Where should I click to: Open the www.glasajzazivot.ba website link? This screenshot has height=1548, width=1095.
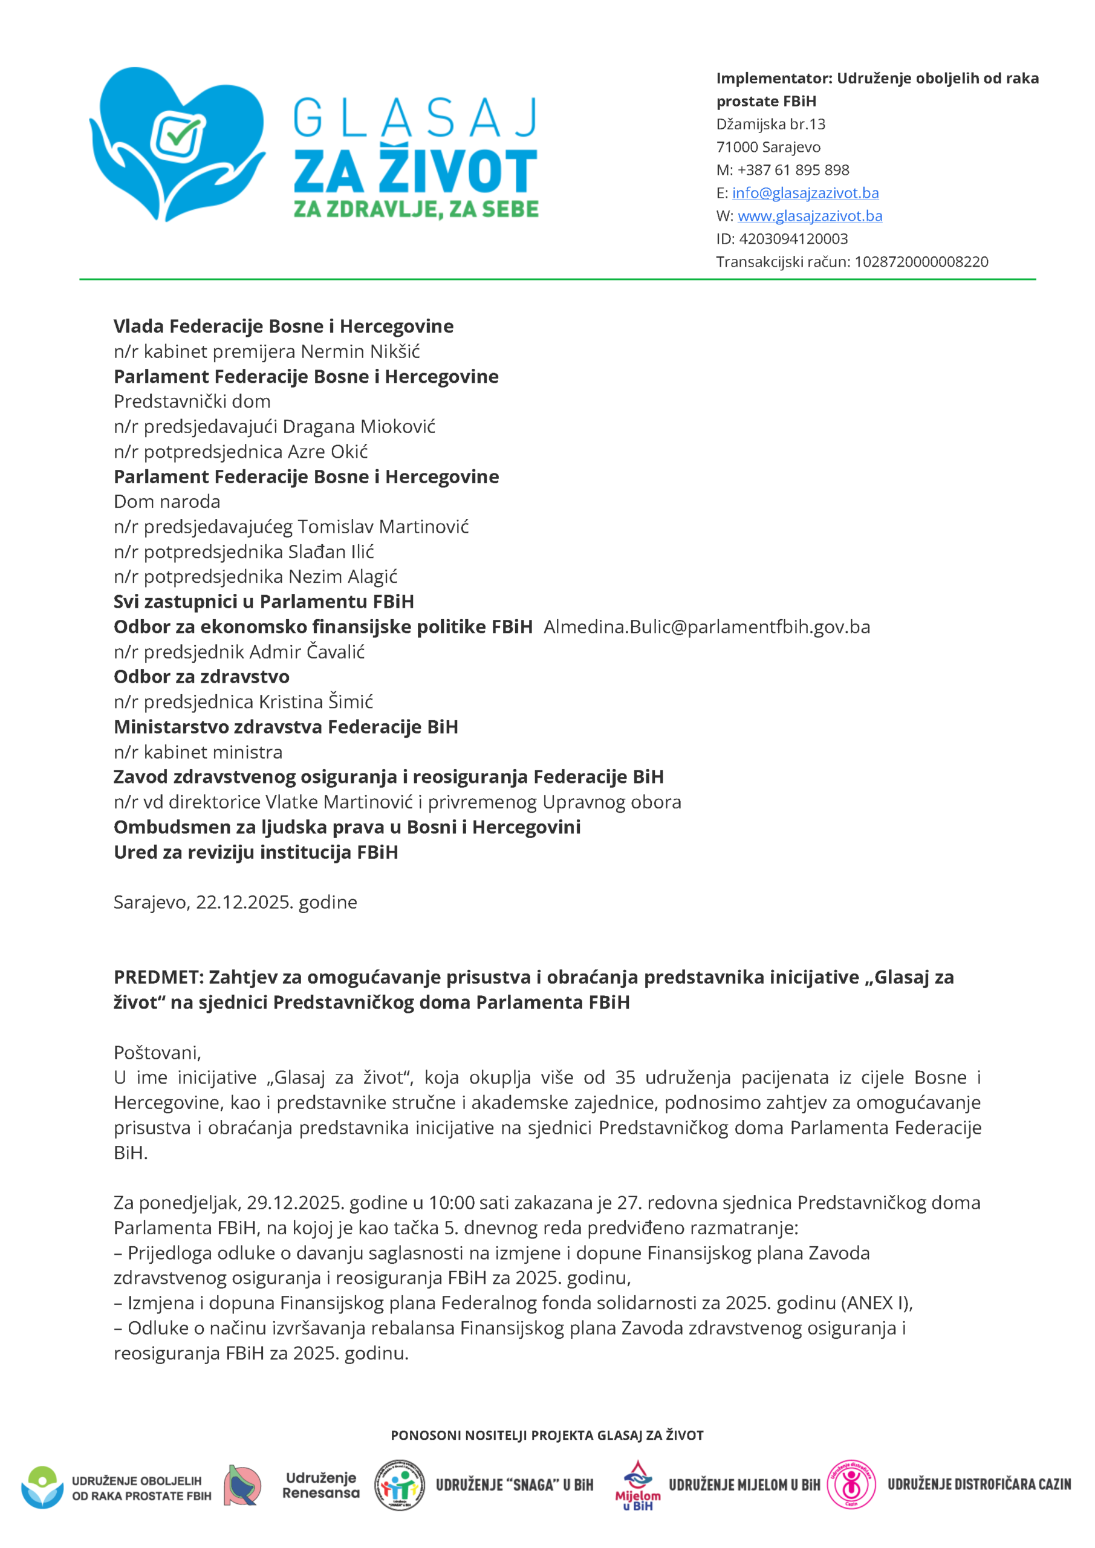(810, 216)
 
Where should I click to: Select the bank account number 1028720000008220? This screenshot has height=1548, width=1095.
(921, 262)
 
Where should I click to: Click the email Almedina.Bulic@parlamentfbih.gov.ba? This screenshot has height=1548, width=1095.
(707, 627)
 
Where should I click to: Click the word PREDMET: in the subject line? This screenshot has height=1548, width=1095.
(158, 977)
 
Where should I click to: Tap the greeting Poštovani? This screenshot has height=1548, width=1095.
(157, 1052)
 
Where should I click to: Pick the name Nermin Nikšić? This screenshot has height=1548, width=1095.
(360, 351)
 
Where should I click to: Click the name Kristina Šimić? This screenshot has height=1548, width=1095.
(316, 702)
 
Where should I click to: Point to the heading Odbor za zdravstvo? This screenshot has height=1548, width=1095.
(201, 676)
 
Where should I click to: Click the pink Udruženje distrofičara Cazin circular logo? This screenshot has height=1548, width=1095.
(851, 1484)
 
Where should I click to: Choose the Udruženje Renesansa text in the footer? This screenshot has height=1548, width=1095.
(321, 1485)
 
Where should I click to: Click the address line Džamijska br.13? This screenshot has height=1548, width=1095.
(771, 124)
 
